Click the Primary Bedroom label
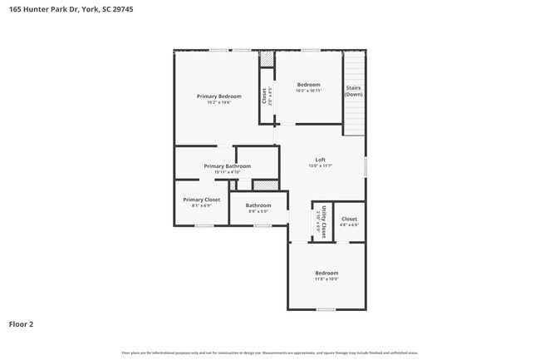tap(219, 96)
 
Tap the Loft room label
tap(320, 160)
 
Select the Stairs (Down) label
tap(354, 91)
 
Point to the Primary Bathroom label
tap(227, 166)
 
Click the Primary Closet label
tap(202, 200)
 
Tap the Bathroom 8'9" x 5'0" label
tap(258, 205)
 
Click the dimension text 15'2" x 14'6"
tap(219, 102)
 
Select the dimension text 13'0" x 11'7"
tap(320, 165)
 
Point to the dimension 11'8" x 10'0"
tap(326, 279)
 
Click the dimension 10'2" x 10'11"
tap(309, 90)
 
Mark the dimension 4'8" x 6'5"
tap(350, 224)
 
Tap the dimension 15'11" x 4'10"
tap(227, 172)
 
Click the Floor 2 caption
tap(22, 323)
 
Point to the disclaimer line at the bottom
tap(270, 353)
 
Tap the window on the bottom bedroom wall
tap(326, 309)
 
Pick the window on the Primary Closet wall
tap(204, 225)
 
